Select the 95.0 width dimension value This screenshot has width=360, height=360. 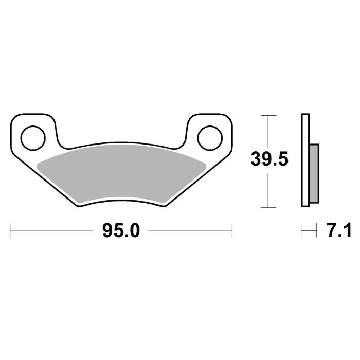pyautogui.click(x=121, y=231)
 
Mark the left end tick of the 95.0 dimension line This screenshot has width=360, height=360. pyautogui.click(x=10, y=231)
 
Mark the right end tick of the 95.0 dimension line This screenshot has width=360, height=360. pyautogui.click(x=232, y=231)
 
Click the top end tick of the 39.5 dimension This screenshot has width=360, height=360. pyautogui.click(x=266, y=116)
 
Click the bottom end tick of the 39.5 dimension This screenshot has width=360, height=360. pyautogui.click(x=266, y=207)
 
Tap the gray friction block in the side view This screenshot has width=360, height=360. pyautogui.click(x=314, y=174)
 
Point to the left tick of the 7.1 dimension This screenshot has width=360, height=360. pyautogui.click(x=302, y=231)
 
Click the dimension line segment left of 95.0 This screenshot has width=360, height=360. pyautogui.click(x=51, y=231)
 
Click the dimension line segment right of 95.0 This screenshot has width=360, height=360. pyautogui.click(x=190, y=231)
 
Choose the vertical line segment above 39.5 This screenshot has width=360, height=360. pyautogui.click(x=266, y=131)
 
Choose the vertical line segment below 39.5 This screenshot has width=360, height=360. pyautogui.click(x=266, y=190)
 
